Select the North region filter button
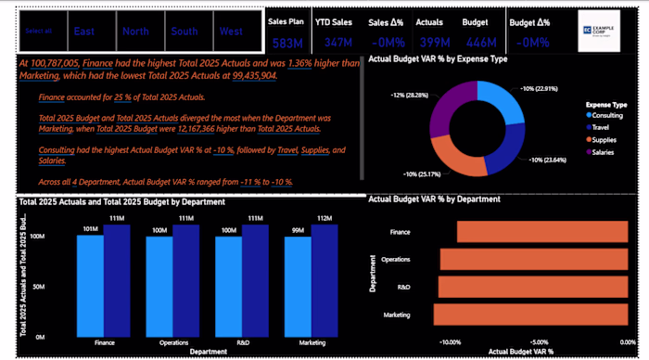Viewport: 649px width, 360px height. coord(135,32)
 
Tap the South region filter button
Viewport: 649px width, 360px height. coord(184,32)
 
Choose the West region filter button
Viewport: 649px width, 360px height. coord(231,32)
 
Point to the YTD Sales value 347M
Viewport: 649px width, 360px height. coord(338,43)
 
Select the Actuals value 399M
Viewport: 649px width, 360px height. coord(429,43)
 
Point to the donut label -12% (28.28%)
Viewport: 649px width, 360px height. coord(411,94)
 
